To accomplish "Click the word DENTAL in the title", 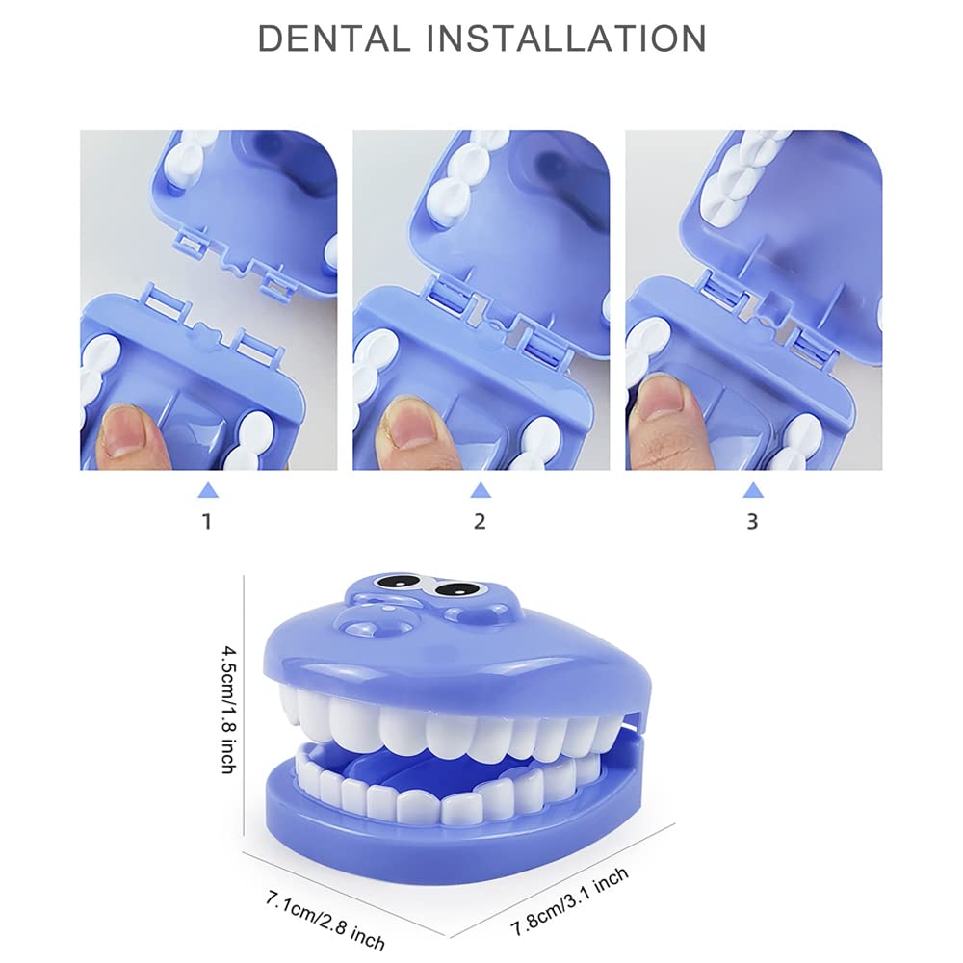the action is click(333, 39).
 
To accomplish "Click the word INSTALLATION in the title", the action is click(565, 39).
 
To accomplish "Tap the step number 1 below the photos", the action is click(207, 521).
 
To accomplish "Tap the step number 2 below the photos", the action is click(480, 521).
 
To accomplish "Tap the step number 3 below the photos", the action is click(752, 521).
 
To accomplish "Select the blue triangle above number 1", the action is click(208, 490).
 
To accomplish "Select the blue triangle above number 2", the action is click(481, 490).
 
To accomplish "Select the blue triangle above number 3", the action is click(753, 490).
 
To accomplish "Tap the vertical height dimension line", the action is click(244, 705).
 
